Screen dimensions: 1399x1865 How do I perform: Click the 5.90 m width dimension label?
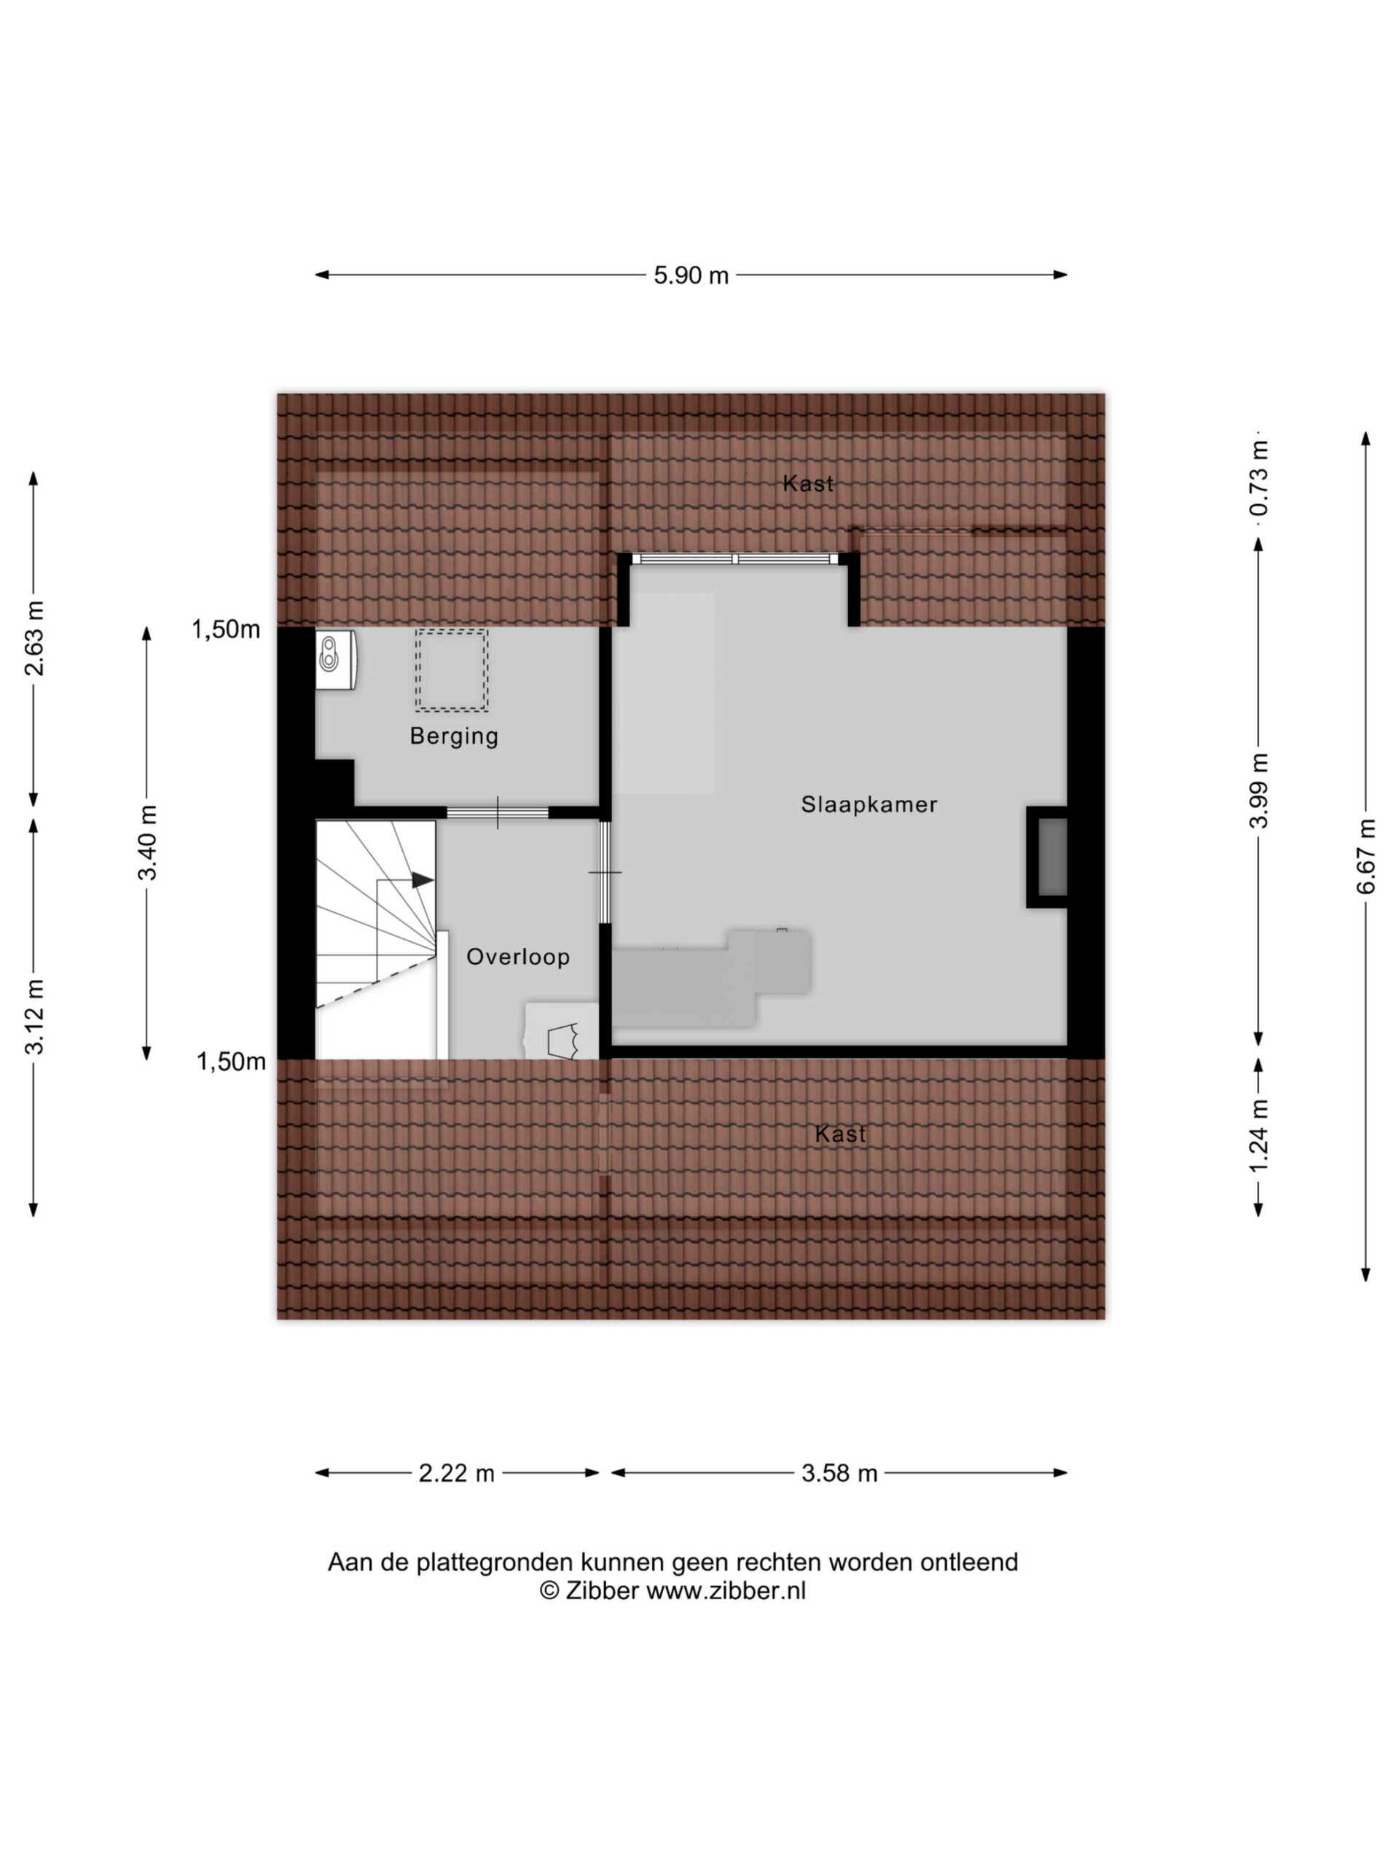pos(691,275)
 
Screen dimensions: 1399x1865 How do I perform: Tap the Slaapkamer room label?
pos(869,804)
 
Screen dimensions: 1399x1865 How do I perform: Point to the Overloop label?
pos(518,957)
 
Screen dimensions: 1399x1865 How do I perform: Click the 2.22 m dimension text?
pos(456,1473)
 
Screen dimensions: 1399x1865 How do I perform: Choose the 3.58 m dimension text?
pos(839,1473)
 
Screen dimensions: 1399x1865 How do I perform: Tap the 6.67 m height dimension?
pos(1366,857)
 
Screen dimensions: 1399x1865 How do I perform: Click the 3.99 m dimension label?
pos(1258,791)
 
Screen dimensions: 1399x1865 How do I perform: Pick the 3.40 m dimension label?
pos(148,843)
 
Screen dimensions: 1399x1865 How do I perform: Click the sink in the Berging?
pos(336,659)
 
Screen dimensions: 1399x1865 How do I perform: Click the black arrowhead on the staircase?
pos(423,880)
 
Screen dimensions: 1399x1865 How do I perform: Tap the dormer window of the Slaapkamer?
pos(734,558)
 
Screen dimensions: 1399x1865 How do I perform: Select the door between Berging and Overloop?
pos(498,813)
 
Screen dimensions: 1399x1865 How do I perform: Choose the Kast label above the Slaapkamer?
pos(808,483)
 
